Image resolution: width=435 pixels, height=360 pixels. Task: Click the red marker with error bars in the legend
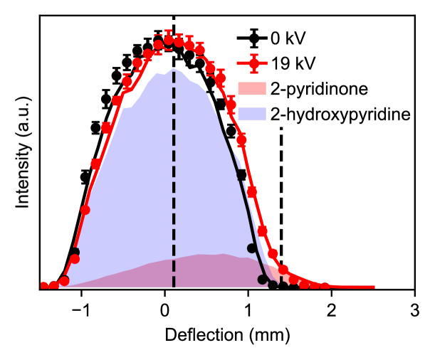click(253, 63)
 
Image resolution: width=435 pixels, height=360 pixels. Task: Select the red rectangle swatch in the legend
click(251, 88)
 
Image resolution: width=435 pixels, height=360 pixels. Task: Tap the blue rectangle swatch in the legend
click(251, 114)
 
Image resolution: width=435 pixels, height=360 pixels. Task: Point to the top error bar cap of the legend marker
click(253, 55)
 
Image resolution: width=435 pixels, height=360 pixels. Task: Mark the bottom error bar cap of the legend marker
click(253, 72)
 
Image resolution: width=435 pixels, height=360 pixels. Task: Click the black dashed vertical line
click(174, 178)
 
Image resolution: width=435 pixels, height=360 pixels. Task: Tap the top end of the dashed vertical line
click(174, 70)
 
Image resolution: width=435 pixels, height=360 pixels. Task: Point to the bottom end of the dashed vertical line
click(174, 286)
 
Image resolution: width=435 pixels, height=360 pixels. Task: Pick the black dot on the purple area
click(263, 280)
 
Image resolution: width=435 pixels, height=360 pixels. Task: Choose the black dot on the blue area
click(252, 248)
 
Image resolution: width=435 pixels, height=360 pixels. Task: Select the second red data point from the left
click(53, 286)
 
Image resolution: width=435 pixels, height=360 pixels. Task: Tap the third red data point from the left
click(64, 281)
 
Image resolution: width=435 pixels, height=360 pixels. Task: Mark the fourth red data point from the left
click(75, 259)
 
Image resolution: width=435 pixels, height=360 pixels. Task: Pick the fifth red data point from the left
click(85, 209)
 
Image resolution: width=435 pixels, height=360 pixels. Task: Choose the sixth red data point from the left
click(95, 164)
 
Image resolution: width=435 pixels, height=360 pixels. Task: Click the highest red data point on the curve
click(169, 40)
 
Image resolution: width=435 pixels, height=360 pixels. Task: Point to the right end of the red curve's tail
click(374, 287)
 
